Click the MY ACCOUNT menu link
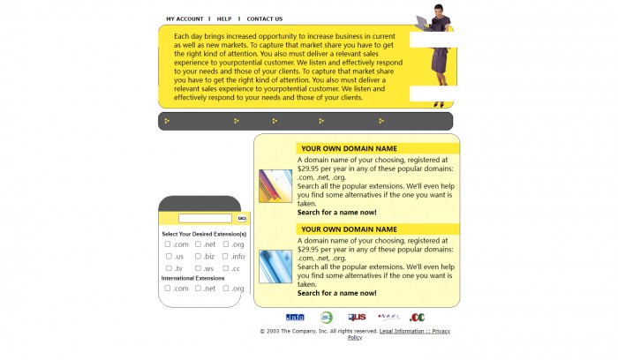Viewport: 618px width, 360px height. click(x=185, y=19)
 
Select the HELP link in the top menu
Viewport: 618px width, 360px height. click(x=224, y=19)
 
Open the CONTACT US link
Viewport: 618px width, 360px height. click(x=264, y=19)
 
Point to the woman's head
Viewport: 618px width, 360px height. click(x=438, y=10)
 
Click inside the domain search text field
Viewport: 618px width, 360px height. click(x=205, y=218)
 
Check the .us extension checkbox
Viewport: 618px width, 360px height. click(x=169, y=256)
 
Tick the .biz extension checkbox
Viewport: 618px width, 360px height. click(x=199, y=256)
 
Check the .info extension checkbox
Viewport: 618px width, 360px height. click(x=226, y=256)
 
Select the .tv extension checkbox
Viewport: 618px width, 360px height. click(x=169, y=268)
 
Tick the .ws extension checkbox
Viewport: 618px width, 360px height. click(x=199, y=268)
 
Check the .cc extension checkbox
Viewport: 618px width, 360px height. click(x=226, y=268)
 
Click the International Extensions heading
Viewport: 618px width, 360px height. click(x=192, y=278)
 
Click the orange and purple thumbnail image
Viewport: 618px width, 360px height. click(x=275, y=186)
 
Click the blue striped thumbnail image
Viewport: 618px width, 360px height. click(x=275, y=266)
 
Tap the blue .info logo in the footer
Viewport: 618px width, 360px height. click(x=295, y=318)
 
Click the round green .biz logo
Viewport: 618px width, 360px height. click(x=327, y=318)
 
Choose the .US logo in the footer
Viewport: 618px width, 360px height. click(x=357, y=318)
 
